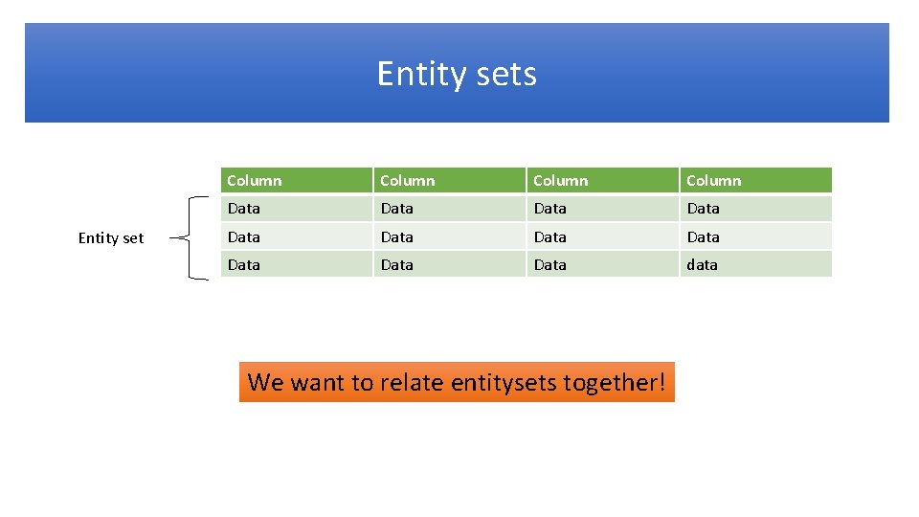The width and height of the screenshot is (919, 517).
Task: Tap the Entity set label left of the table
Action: (x=111, y=238)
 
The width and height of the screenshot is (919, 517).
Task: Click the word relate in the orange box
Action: (x=412, y=383)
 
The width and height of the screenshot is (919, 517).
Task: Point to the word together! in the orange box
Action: (x=614, y=383)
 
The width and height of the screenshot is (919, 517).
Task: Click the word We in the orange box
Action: (x=265, y=383)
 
